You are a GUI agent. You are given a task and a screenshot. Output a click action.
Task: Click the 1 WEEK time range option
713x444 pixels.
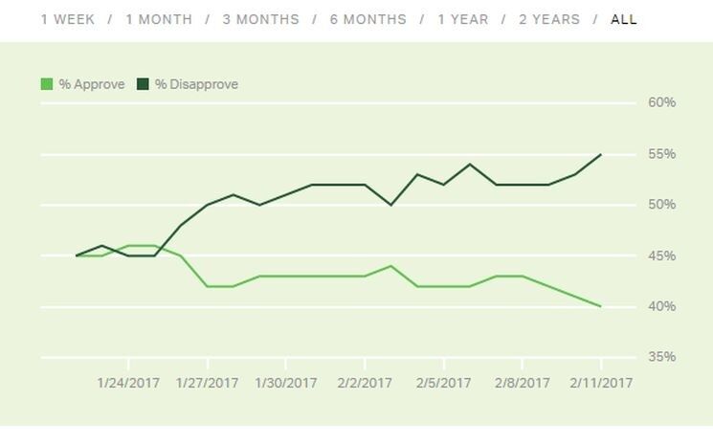tap(68, 19)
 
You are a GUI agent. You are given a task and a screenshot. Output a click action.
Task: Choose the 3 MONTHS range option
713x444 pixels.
tap(260, 19)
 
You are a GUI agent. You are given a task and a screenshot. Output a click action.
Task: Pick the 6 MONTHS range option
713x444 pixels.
tap(368, 19)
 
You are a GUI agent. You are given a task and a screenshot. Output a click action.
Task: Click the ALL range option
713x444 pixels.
tap(624, 19)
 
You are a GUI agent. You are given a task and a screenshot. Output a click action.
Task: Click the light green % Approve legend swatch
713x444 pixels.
tap(47, 84)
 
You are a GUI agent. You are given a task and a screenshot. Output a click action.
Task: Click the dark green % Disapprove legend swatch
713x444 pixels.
tap(144, 84)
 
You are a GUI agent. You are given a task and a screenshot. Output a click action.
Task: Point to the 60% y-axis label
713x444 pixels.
tap(661, 102)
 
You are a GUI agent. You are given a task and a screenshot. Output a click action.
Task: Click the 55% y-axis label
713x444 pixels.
tap(661, 154)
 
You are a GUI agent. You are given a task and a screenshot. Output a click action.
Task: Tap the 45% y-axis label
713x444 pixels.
tap(661, 255)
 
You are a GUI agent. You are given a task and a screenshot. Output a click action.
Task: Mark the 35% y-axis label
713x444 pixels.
tap(661, 357)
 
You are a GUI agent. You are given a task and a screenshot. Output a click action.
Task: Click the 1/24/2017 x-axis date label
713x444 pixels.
tap(128, 383)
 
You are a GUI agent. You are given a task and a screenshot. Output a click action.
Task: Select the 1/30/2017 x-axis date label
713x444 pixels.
tap(285, 383)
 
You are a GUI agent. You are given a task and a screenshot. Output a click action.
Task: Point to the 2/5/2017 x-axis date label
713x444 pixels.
tap(443, 383)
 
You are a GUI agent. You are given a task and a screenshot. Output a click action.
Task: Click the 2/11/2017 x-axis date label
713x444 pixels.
tap(600, 383)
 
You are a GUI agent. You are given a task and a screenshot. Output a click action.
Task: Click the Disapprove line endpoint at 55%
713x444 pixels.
tap(600, 154)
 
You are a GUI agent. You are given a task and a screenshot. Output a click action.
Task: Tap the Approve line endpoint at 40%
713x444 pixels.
tap(600, 306)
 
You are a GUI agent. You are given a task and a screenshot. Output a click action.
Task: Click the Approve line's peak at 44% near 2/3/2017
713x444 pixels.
tap(390, 266)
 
